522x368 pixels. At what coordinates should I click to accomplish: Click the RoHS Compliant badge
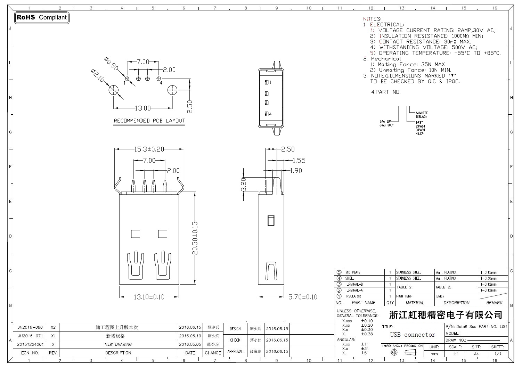[x=42, y=17]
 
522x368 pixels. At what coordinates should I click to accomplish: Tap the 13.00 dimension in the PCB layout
[x=142, y=108]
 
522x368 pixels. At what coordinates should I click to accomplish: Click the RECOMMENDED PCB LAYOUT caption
[x=149, y=121]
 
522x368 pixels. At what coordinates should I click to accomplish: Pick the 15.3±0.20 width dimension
[x=149, y=149]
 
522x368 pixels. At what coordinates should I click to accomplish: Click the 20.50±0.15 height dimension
[x=195, y=238]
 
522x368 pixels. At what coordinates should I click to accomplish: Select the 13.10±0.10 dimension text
[x=149, y=297]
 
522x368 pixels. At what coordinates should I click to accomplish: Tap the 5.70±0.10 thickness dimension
[x=303, y=297]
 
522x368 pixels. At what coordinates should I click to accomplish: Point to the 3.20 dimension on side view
[x=244, y=184]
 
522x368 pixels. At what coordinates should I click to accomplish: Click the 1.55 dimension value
[x=299, y=161]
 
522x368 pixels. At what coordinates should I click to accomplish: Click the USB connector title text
[x=413, y=335]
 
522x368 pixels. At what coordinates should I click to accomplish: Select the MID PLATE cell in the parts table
[x=352, y=272]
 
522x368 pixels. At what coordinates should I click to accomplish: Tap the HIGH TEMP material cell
[x=404, y=296]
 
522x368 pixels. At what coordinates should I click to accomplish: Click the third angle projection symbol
[x=402, y=352]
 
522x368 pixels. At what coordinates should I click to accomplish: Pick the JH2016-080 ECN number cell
[x=30, y=327]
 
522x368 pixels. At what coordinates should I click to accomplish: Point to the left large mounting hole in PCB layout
[x=113, y=91]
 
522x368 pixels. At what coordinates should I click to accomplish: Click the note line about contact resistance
[x=421, y=42]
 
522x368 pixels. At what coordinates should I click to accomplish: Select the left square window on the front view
[x=136, y=234]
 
